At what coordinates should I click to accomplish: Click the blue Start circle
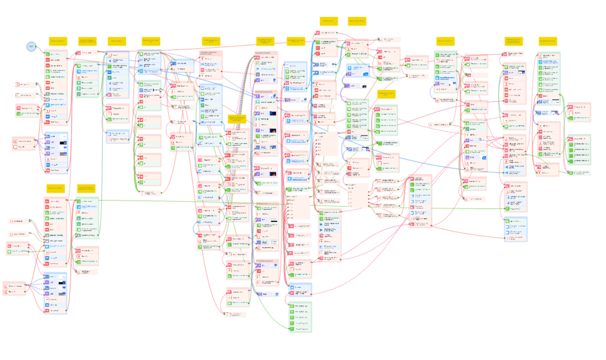click(x=31, y=46)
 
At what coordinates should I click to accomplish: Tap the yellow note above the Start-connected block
click(x=58, y=41)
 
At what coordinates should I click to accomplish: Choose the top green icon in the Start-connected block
click(x=47, y=54)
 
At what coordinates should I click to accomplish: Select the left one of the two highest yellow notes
click(x=329, y=21)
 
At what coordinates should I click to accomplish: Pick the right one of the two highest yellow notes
click(x=357, y=21)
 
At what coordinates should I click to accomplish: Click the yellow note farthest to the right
click(x=548, y=41)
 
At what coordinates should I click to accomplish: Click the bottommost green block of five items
click(x=300, y=317)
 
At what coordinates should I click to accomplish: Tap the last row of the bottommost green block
click(x=300, y=329)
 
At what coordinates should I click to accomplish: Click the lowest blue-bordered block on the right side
click(x=515, y=229)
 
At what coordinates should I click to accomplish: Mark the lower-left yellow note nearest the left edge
click(x=55, y=188)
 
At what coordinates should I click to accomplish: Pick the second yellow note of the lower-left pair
click(x=86, y=188)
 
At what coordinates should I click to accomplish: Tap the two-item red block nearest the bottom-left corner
click(x=14, y=289)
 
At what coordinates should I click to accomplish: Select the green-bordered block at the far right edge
click(x=578, y=150)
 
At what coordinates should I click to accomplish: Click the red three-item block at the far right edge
click(x=579, y=112)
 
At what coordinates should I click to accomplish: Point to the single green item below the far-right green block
click(x=579, y=173)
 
